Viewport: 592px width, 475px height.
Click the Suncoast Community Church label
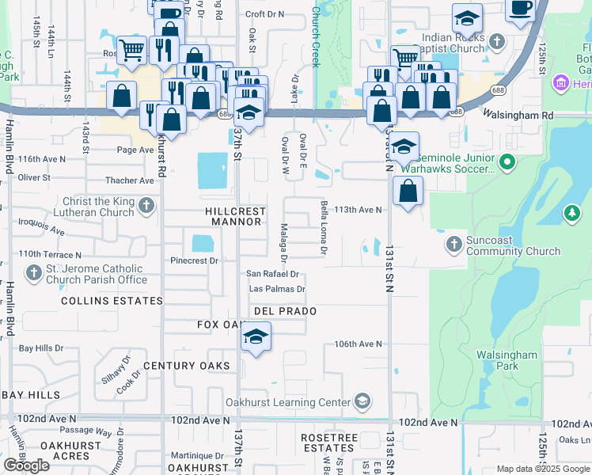tap(513, 245)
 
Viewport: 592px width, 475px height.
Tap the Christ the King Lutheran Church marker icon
tap(146, 207)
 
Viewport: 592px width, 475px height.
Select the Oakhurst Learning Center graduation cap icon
tap(362, 402)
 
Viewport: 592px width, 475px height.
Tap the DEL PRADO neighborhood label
tap(285, 311)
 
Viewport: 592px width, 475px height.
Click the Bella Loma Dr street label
tap(324, 228)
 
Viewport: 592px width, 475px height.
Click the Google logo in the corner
tap(26, 465)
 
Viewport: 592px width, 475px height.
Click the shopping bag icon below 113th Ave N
tap(408, 192)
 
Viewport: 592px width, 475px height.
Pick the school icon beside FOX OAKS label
tap(256, 336)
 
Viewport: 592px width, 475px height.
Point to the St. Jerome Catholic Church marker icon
tap(33, 274)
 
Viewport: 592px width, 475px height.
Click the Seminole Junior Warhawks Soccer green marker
tap(508, 163)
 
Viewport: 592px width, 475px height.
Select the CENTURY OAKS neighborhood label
tap(187, 366)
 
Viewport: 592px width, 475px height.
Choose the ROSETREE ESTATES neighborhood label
tap(331, 443)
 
